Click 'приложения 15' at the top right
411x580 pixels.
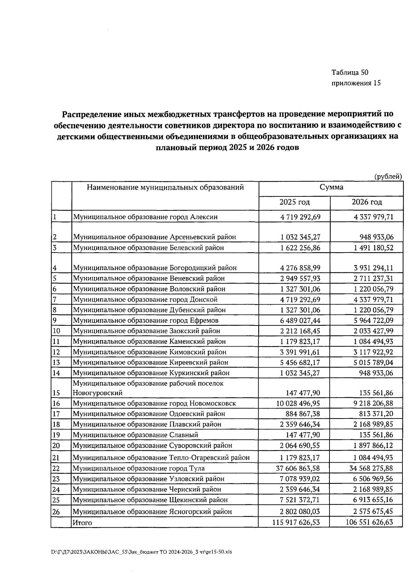(356, 83)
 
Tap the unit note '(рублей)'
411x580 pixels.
(388, 177)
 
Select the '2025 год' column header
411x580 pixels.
(295, 202)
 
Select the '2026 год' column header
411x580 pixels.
(366, 202)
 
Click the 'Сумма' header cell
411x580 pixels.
(331, 188)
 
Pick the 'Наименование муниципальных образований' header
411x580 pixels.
(165, 188)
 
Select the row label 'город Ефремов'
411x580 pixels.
(146, 321)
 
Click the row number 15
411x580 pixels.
(57, 393)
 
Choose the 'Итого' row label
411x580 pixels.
(82, 523)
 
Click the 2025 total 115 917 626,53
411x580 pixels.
(296, 523)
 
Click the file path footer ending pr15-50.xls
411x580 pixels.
(141, 552)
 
